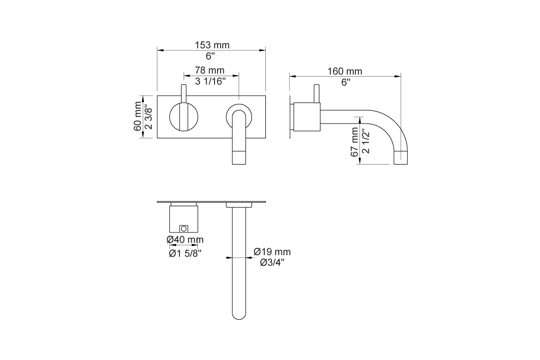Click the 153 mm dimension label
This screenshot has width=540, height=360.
pos(212,45)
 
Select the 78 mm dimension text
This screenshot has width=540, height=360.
pos(209,70)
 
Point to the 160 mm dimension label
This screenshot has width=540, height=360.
pos(345,71)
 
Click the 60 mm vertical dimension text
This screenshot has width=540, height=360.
pos(138,117)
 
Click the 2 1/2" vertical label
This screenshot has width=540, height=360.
pos(366,140)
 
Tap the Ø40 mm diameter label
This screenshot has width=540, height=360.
pos(185,240)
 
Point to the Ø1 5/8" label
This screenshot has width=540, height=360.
pos(185,253)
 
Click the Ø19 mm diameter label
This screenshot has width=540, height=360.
pos(272,252)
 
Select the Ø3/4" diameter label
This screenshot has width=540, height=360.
pos(272,262)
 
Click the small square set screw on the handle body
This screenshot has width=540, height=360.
pos(184,228)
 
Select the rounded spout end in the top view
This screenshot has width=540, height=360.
pos(238,313)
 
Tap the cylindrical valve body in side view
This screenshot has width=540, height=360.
pos(307,117)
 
